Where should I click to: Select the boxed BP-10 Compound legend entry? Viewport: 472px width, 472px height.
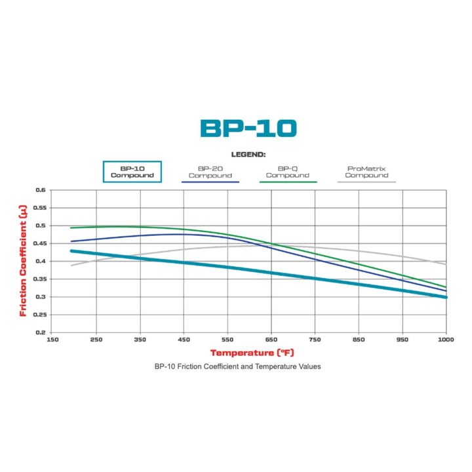point(132,172)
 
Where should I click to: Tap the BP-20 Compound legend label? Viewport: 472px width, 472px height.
point(210,172)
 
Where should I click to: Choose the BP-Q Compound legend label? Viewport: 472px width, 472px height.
point(287,172)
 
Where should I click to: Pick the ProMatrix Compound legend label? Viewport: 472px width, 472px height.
point(366,172)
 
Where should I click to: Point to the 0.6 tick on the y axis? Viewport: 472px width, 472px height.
point(41,190)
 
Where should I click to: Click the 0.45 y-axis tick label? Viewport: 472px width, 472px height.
point(39,243)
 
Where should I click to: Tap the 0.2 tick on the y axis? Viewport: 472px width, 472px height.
point(41,332)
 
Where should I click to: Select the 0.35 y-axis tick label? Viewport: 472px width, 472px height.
point(39,279)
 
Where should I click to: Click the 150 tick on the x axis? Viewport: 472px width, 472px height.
point(52,340)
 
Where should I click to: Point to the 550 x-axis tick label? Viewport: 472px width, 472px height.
point(227,340)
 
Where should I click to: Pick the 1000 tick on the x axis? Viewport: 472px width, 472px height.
point(446,340)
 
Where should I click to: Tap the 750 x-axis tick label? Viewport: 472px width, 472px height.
point(315,340)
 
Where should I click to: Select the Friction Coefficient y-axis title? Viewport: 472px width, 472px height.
point(23,261)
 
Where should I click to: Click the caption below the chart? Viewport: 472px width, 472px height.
point(237,366)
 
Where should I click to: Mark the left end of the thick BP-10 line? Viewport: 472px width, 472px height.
point(71,251)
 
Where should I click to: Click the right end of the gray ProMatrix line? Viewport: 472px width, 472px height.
point(446,264)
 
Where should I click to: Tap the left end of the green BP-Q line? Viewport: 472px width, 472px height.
point(71,228)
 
